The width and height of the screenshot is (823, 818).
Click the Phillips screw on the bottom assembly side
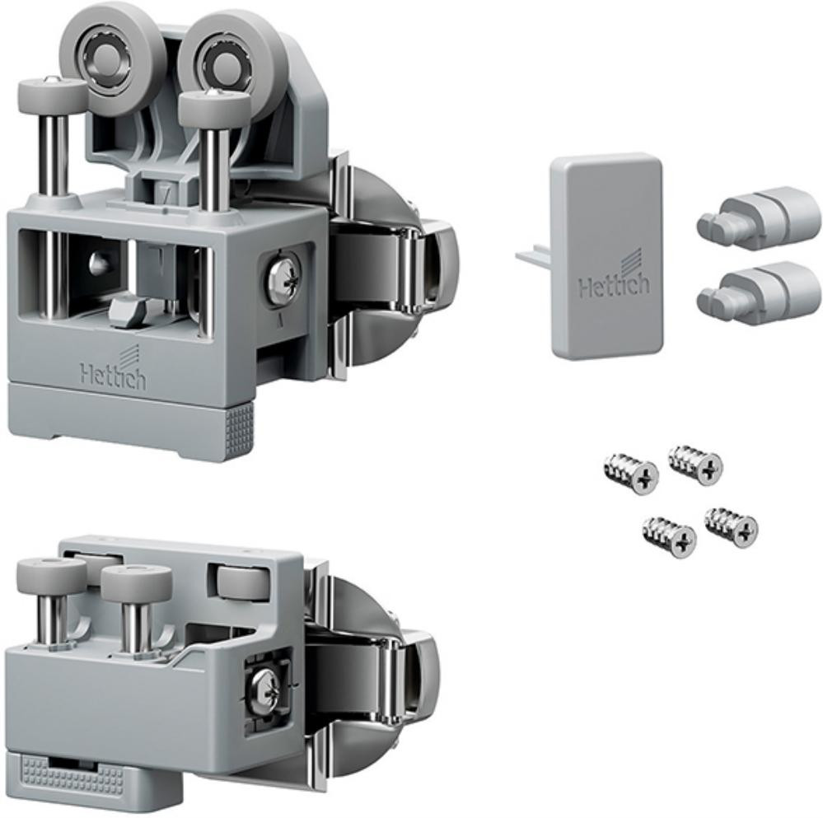pos(267,690)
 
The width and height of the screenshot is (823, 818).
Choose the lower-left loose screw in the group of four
pos(669,537)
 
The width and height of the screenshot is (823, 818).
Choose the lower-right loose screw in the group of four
pos(732,526)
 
